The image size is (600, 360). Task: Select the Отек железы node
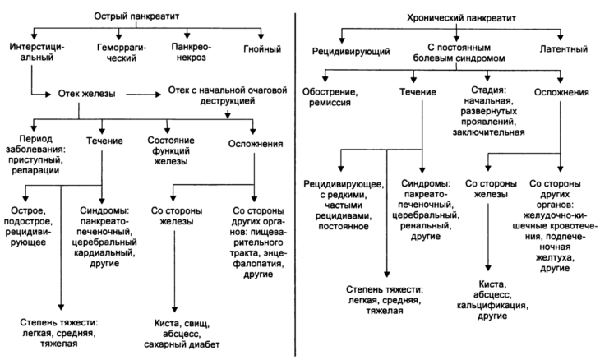tap(90, 95)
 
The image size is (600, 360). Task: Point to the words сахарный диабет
tap(184, 345)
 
